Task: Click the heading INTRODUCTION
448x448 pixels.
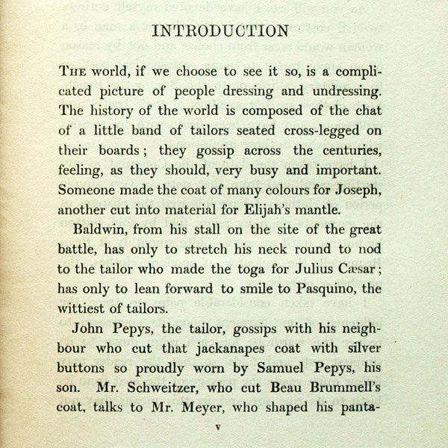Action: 220,31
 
